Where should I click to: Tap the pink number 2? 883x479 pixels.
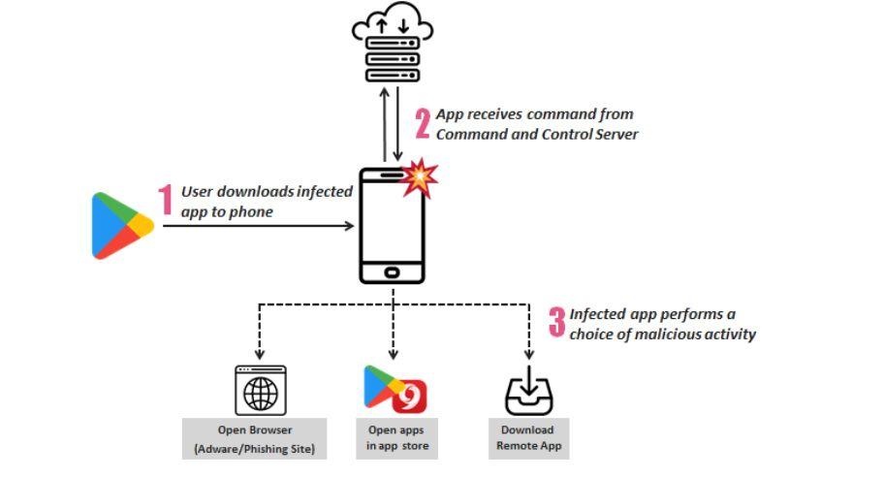point(423,123)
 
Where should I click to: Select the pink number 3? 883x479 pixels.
point(556,322)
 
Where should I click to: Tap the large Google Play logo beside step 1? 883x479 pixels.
point(122,226)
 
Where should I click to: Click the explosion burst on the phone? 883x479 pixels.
point(420,178)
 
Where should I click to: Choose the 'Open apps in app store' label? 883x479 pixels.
point(394,438)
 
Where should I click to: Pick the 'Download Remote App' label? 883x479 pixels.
point(527,438)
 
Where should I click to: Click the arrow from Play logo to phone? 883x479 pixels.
point(257,227)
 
